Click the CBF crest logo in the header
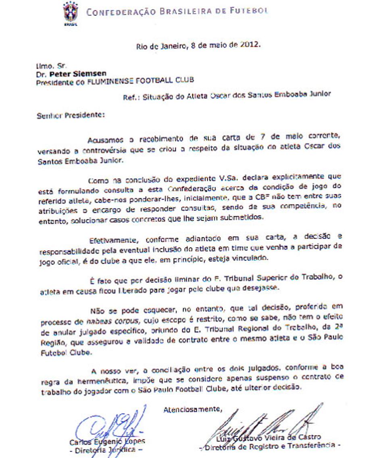coord(71,13)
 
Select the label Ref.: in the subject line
coord(131,95)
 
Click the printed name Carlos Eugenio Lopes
coord(106,441)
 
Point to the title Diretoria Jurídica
coord(106,450)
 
